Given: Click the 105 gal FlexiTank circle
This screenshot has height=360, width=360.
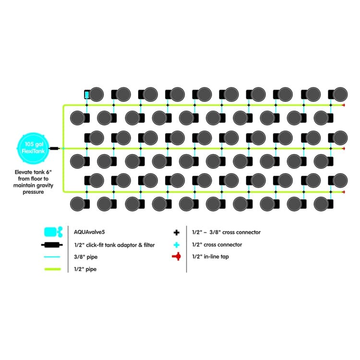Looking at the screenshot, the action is coord(33,148).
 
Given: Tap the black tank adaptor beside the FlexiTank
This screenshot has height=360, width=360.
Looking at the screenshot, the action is coord(54,148).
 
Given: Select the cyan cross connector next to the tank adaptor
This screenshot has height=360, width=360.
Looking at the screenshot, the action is coord(63,148).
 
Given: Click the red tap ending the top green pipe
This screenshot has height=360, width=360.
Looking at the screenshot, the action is coord(344,105).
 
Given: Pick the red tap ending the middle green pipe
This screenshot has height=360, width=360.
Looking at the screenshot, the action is coord(344,148).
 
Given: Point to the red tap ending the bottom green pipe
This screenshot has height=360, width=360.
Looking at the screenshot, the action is coord(344,192).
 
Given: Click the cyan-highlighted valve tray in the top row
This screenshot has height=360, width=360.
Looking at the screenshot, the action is coord(87,95).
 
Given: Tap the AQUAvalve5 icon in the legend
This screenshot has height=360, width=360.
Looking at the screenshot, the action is coord(53,232).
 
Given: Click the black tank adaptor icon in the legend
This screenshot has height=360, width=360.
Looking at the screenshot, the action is coord(52,245).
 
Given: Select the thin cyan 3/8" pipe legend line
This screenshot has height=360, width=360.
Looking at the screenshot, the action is coord(52,257).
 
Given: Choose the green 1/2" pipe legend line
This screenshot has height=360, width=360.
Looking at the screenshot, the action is coord(53,269).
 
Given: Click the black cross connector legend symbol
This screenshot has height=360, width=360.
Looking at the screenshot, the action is coord(176,233).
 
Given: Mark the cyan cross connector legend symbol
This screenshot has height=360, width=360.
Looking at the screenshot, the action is coord(176,245).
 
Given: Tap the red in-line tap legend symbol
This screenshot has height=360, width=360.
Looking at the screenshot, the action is coord(177,256).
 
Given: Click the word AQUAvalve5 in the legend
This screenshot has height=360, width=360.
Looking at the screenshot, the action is coord(89,232).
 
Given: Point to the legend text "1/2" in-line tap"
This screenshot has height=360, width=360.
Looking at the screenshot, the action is coord(210,257).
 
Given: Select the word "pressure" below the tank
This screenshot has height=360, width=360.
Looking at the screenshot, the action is coord(33,192).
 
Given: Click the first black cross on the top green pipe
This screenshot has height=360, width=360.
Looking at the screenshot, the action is coord(87,105).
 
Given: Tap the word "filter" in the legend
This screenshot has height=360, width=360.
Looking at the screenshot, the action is coord(149,245).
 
